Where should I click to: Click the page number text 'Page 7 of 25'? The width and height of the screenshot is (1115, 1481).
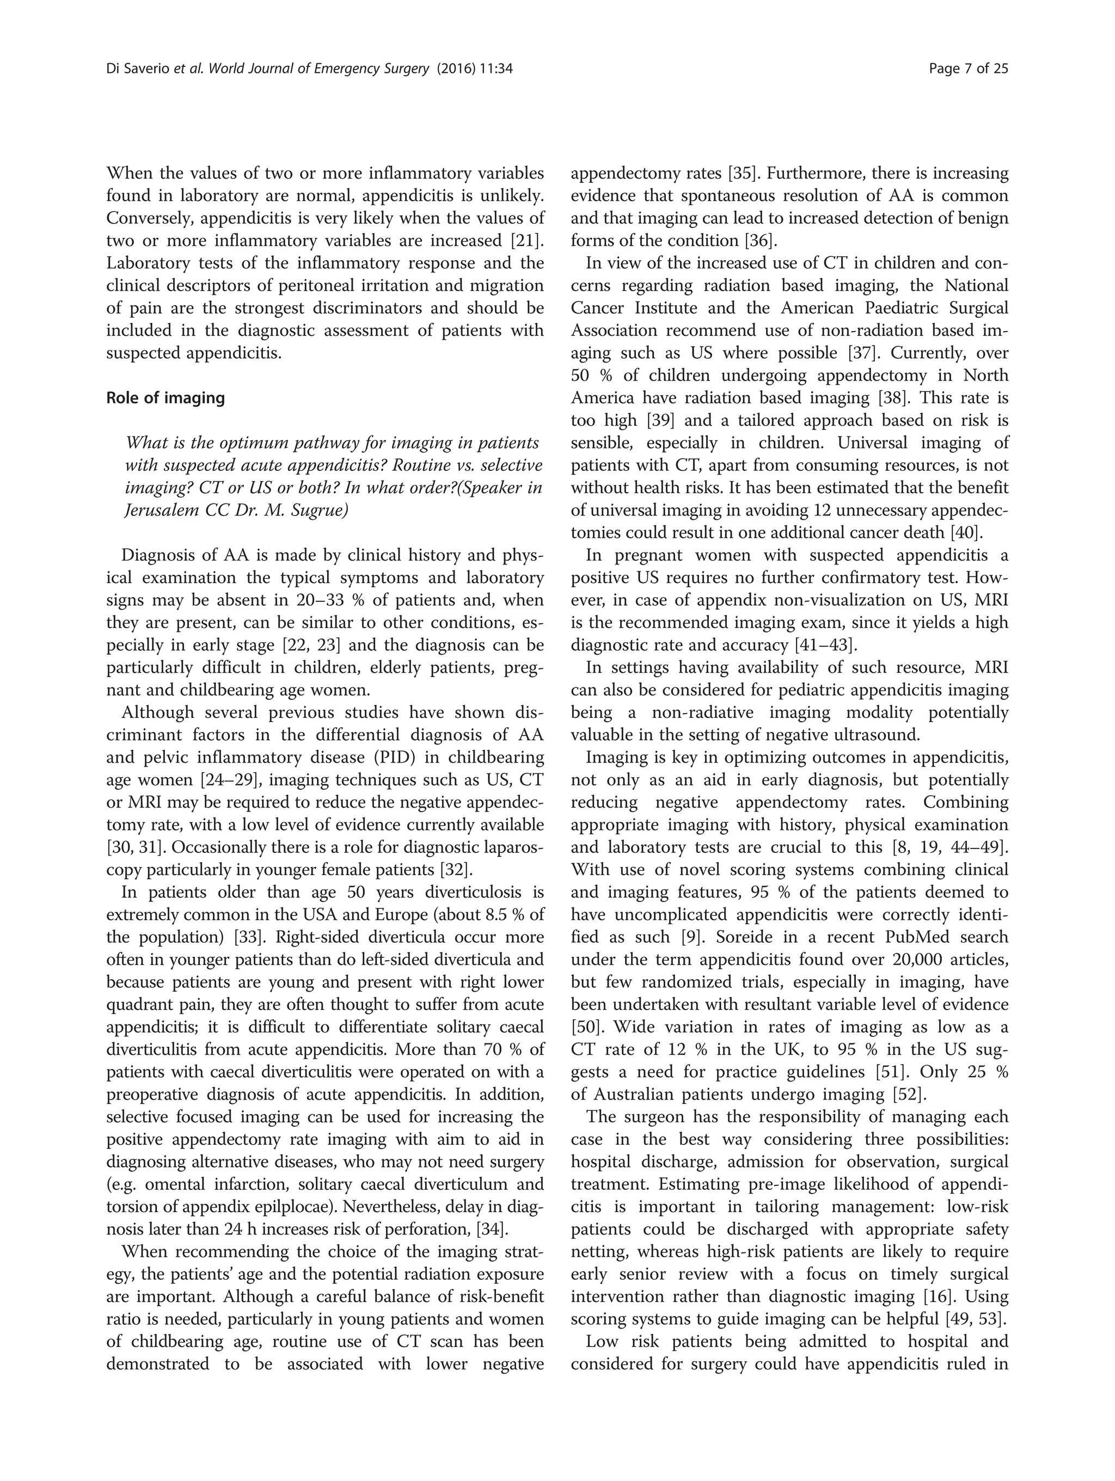pos(969,68)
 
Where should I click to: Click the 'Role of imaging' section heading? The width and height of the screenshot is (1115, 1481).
pos(166,398)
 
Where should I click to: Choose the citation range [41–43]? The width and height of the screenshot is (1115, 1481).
pos(825,646)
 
